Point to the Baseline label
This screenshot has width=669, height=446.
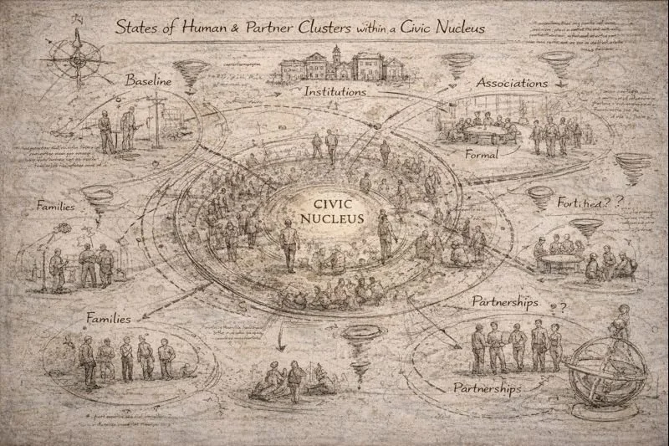pos(148,81)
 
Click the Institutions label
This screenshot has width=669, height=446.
pos(334,90)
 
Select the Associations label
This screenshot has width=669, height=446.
pos(512,83)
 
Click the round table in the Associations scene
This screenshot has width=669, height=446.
pos(488,132)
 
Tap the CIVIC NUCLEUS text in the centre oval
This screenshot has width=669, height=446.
pos(338,211)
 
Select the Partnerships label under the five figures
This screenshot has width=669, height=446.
pos(487,389)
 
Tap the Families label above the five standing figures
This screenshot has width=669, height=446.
pos(114,319)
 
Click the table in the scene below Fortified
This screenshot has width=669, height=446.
pos(560,261)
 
